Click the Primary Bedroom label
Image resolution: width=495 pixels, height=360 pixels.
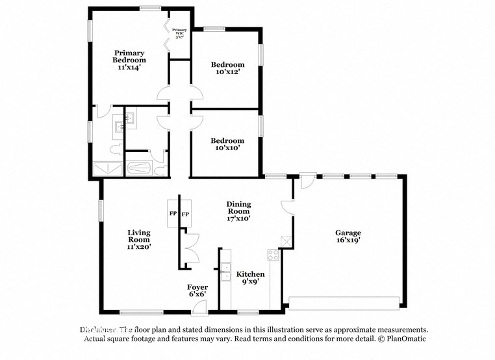(129, 59)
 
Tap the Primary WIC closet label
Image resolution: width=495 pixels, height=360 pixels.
(179, 33)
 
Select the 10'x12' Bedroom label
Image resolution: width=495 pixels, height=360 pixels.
(227, 68)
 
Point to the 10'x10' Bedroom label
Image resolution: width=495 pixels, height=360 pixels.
(227, 144)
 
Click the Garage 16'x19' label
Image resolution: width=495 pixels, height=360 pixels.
(348, 236)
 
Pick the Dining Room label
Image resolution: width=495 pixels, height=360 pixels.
(238, 211)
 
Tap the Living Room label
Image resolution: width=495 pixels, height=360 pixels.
(139, 239)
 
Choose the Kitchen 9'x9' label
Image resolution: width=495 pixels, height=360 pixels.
(250, 278)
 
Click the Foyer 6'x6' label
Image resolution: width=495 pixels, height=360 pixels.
(197, 290)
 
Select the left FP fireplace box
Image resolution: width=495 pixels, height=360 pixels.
(173, 214)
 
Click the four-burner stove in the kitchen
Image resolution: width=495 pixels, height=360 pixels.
(273, 255)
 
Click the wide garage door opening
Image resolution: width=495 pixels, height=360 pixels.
(344, 303)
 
